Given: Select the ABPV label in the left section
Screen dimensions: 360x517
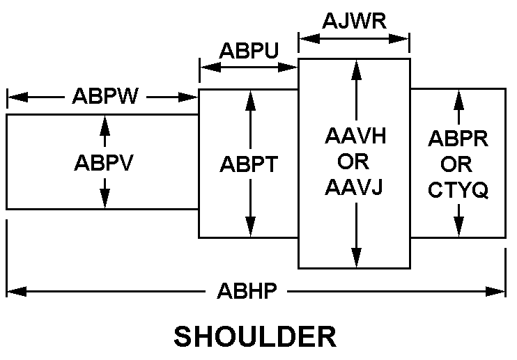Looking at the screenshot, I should [104, 163].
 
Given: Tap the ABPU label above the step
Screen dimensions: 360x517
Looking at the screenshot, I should [249, 51].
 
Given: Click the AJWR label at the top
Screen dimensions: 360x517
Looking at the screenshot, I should [354, 20].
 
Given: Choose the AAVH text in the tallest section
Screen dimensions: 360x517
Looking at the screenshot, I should [355, 136].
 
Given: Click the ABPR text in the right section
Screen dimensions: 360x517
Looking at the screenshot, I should [458, 139].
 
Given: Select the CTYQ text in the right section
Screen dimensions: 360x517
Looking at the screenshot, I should [458, 189].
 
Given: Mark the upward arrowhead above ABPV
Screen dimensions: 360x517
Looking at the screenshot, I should [105, 122].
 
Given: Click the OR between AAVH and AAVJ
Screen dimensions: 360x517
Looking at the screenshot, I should [355, 162].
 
